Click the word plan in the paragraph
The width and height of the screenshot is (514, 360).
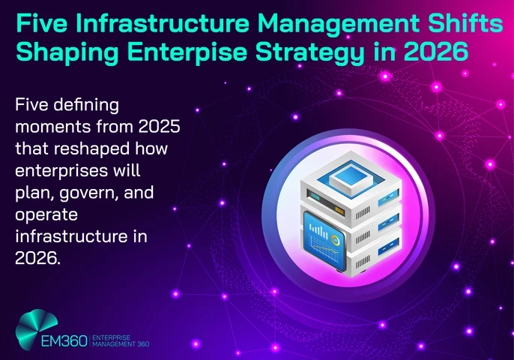(x=29, y=192)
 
